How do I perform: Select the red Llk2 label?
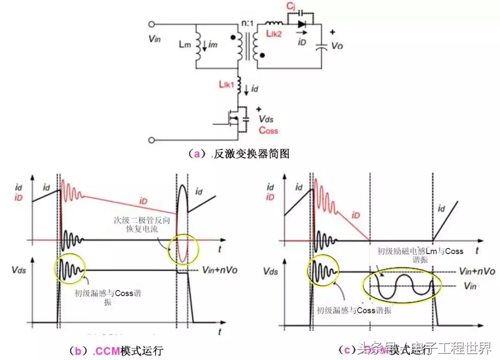click(274, 34)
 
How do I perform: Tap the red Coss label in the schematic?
click(269, 130)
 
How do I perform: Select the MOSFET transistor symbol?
click(233, 118)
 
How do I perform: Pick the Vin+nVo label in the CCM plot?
click(220, 270)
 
